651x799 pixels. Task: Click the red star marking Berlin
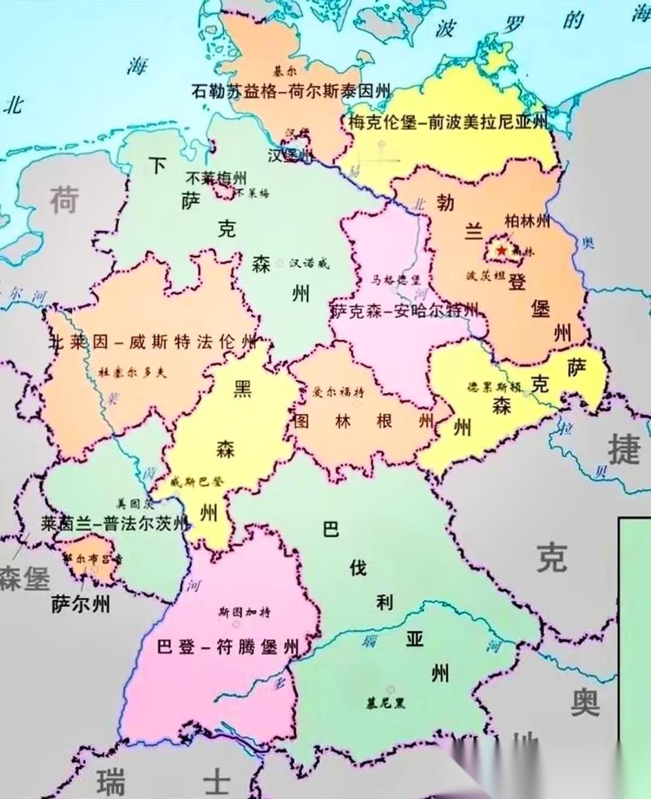point(502,250)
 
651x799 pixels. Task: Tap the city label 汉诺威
point(309,263)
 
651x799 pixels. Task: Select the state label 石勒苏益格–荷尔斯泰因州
point(291,91)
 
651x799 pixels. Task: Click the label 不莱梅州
point(216,178)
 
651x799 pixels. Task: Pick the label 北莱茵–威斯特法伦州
point(153,342)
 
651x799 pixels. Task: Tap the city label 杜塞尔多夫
point(132,372)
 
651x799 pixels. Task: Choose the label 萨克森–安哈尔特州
point(404,311)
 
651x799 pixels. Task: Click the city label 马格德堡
point(395,280)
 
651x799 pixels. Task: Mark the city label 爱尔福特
point(338,392)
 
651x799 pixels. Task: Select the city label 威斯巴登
point(197,481)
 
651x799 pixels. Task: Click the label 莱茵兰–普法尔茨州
point(115,523)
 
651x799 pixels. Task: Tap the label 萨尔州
point(81,604)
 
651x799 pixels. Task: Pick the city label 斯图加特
point(244,613)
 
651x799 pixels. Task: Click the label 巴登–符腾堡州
point(228,648)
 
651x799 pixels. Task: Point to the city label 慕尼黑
point(386,703)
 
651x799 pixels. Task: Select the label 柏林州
point(527,221)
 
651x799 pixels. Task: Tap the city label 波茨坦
point(485,276)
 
